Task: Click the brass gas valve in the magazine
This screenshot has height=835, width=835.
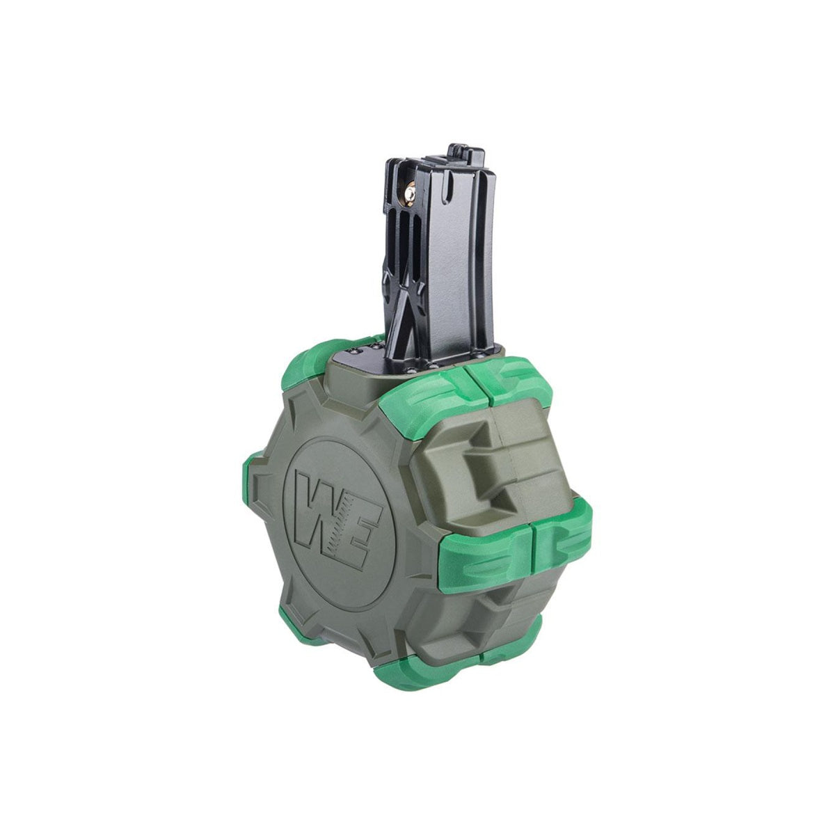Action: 409,197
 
